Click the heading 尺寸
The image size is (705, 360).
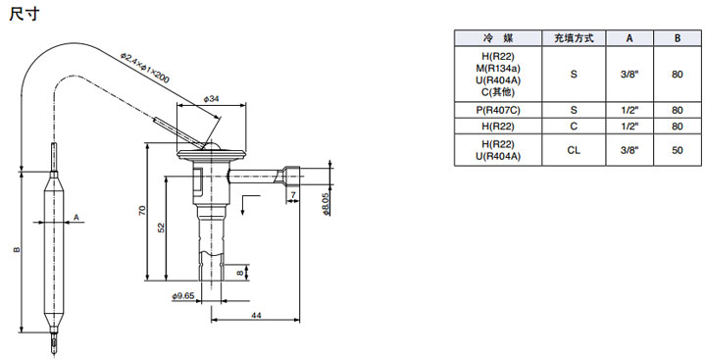(25, 14)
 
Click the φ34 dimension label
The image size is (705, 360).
(211, 99)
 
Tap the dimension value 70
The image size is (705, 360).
(142, 211)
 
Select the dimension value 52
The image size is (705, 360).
(162, 228)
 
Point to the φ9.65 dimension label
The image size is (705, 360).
(183, 296)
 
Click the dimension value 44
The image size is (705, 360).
(256, 316)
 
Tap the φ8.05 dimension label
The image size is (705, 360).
(326, 204)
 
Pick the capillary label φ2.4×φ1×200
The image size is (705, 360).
(145, 69)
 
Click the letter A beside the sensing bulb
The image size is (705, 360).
(76, 218)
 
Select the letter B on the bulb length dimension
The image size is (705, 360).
(17, 249)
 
